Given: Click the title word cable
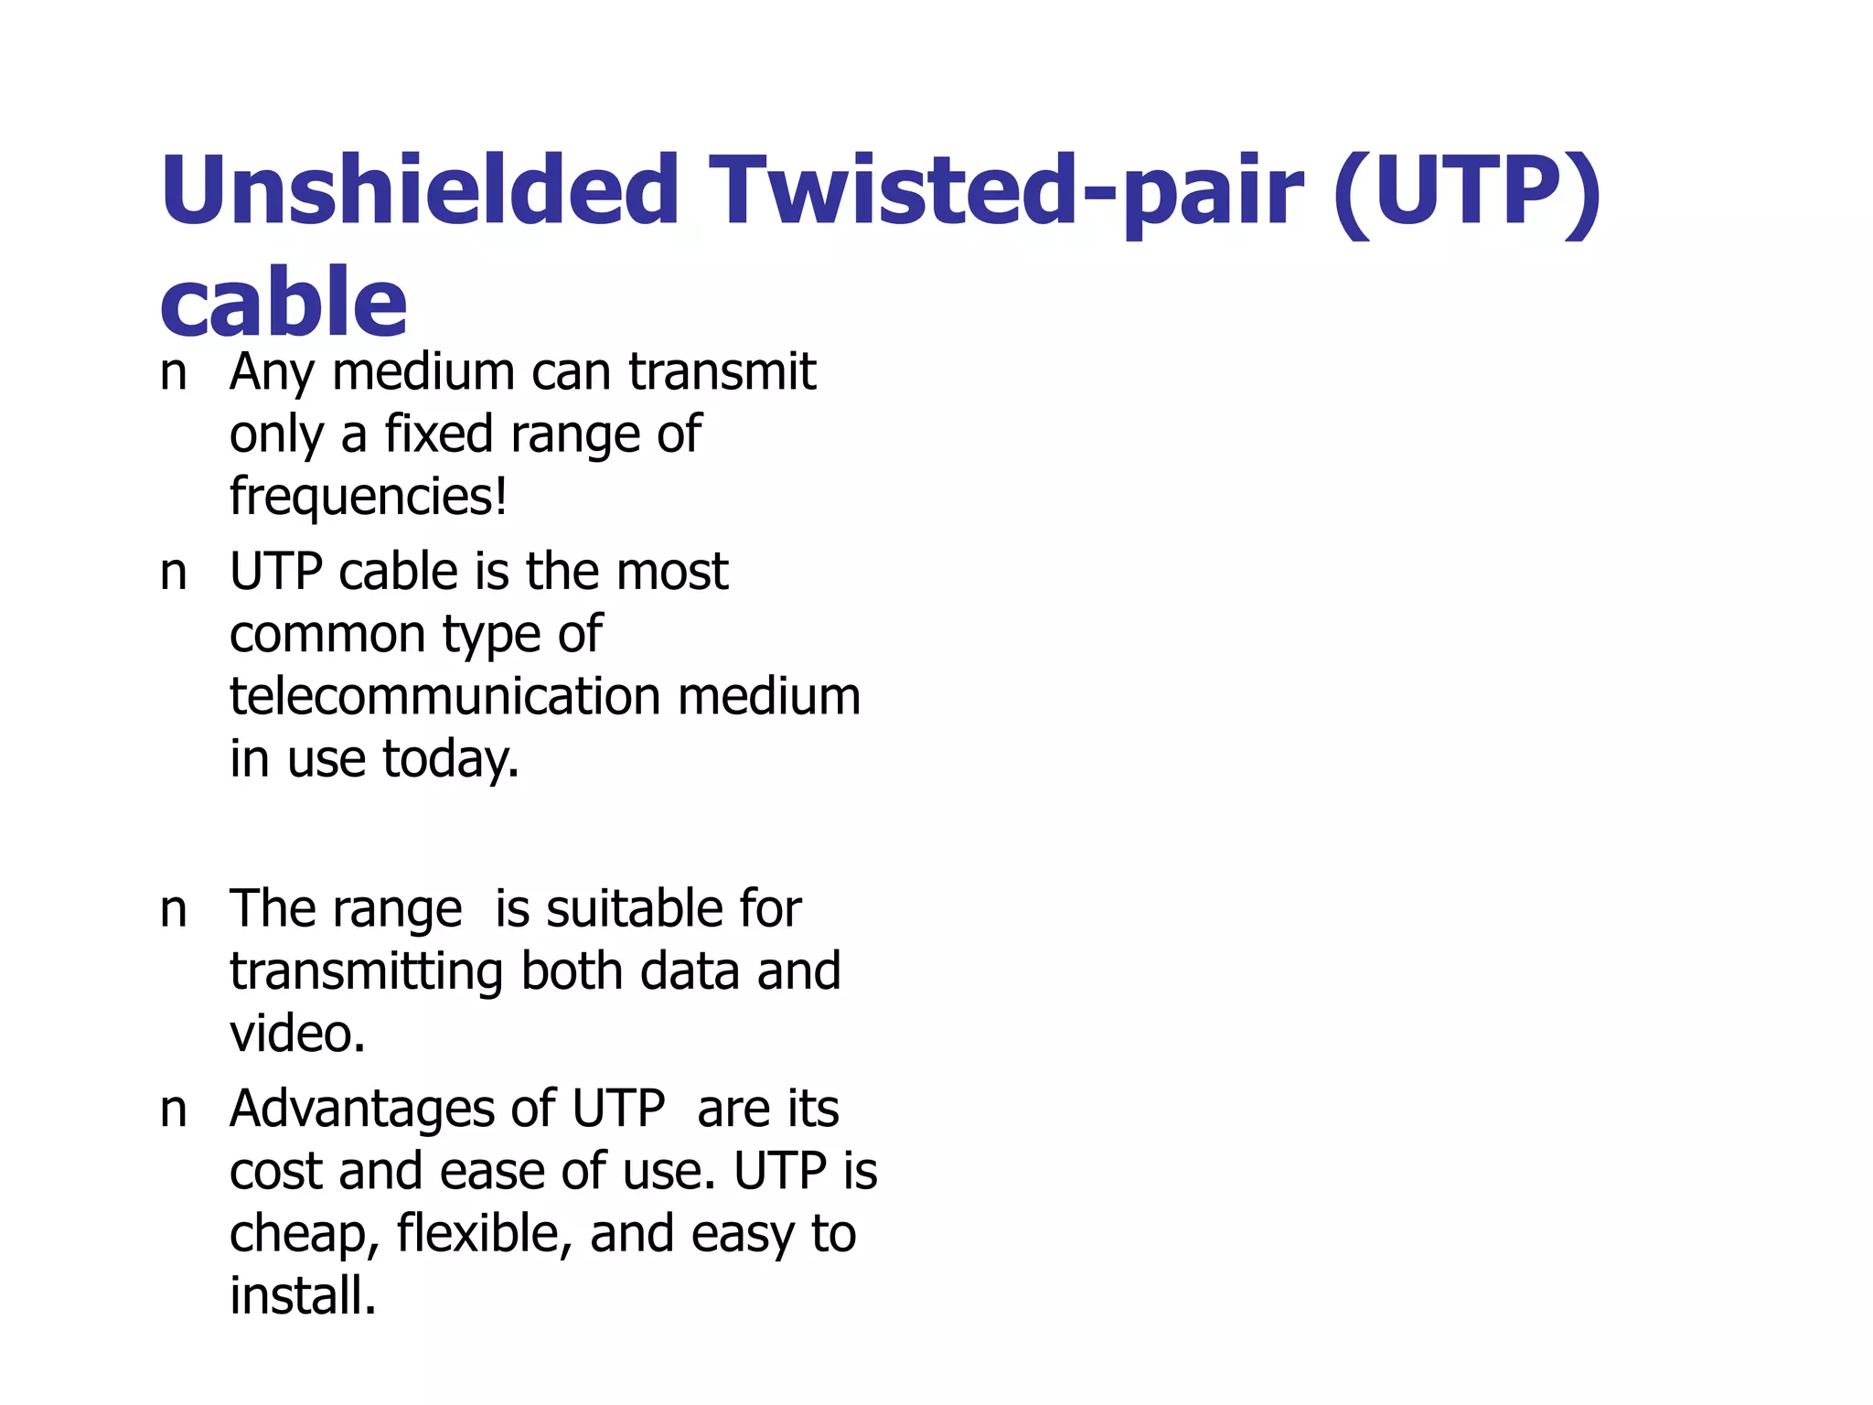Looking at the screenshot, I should [x=283, y=302].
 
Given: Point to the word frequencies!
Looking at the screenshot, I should [x=368, y=497].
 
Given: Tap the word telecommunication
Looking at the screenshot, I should [x=445, y=696].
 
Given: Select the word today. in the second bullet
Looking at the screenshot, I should [x=450, y=759].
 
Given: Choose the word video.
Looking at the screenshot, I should [x=297, y=1034].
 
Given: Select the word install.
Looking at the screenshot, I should [x=303, y=1296].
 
